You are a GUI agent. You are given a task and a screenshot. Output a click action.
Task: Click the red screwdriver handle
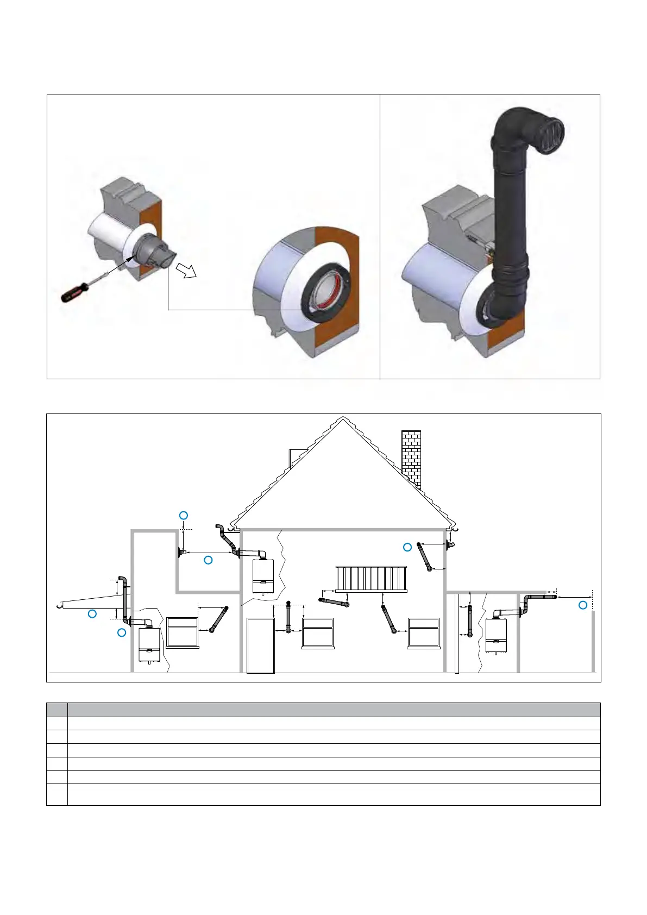(72, 294)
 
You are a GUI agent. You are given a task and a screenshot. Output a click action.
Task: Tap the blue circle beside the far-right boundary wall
(583, 605)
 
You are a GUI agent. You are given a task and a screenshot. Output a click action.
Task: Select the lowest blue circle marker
(122, 632)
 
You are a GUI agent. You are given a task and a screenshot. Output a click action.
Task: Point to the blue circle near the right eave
(407, 547)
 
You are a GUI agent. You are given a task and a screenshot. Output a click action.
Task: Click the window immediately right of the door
(318, 632)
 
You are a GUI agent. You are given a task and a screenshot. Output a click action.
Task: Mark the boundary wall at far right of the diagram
(593, 641)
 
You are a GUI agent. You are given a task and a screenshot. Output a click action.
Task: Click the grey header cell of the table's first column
(57, 710)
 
